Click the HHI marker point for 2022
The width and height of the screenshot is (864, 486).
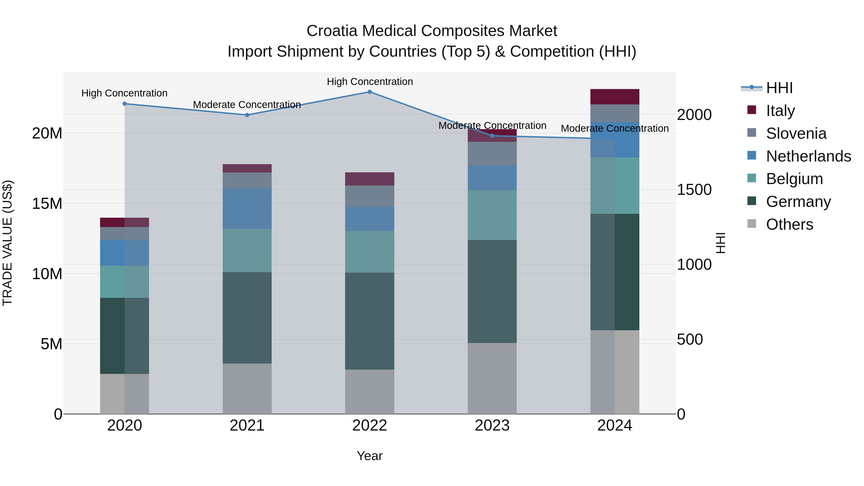370,92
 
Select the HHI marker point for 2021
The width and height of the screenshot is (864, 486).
247,115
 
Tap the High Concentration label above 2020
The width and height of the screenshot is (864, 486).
124,93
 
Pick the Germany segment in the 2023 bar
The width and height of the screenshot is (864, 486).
492,291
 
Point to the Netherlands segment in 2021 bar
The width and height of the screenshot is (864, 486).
247,209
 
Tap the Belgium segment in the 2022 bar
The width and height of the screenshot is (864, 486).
370,252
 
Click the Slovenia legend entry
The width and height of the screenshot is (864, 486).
796,133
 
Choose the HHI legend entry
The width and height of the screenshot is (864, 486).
779,88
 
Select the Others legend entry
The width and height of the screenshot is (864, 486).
789,224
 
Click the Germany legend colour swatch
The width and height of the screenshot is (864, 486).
752,201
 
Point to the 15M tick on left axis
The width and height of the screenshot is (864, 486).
47,204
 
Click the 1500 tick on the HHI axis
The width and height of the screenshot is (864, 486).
694,190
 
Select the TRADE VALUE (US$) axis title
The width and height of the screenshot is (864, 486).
7,243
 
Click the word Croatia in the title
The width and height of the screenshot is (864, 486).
332,31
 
